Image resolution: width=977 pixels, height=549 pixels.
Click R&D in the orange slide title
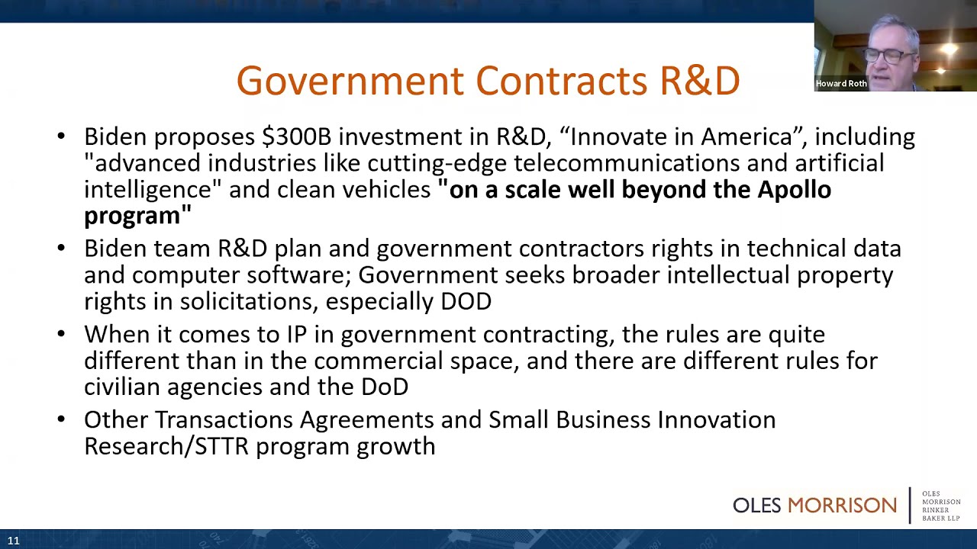click(699, 81)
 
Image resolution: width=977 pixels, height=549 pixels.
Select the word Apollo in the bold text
click(794, 189)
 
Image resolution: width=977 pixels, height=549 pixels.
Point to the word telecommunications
click(626, 163)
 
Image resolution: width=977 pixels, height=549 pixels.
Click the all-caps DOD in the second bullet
click(466, 301)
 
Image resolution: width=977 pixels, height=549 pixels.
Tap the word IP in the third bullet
click(296, 335)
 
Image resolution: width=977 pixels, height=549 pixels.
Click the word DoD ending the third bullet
click(385, 387)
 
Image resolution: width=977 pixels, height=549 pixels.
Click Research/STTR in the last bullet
click(166, 446)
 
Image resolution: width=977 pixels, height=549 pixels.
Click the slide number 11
click(14, 541)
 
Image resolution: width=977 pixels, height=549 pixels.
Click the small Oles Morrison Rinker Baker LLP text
click(940, 506)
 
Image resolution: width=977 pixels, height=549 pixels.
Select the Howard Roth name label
click(841, 84)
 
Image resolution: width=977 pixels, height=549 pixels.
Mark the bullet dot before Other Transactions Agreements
click(61, 420)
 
